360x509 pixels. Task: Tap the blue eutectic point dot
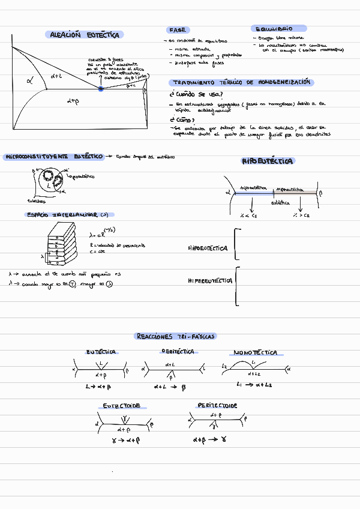(101, 89)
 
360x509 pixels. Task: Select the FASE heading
(178, 29)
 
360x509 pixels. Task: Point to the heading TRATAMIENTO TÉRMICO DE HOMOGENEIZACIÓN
(242, 82)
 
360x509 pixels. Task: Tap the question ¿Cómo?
(183, 119)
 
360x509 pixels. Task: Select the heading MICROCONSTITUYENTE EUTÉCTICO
(53, 157)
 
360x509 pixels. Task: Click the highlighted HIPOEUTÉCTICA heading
(268, 161)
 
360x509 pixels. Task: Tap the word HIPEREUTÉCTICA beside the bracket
(209, 280)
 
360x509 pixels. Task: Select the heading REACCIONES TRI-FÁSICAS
(176, 336)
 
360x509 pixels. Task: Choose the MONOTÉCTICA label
(255, 352)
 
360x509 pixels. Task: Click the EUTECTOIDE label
(122, 406)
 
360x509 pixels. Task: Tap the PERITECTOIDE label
(217, 406)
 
